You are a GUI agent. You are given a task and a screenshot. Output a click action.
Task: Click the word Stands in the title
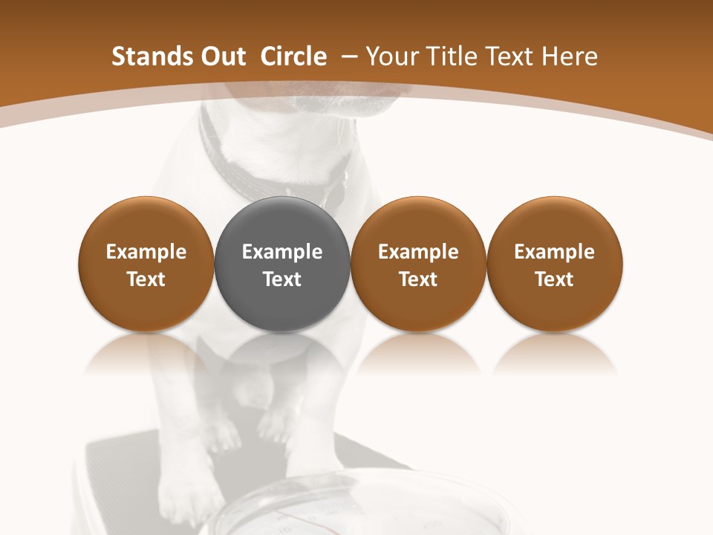(x=144, y=56)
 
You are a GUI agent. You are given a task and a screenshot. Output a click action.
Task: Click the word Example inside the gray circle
(x=282, y=252)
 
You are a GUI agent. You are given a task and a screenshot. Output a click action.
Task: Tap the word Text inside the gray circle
(x=282, y=279)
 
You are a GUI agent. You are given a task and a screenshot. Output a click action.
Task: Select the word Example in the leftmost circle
(x=146, y=252)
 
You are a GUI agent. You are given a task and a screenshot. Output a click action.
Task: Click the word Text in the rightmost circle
(x=554, y=279)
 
